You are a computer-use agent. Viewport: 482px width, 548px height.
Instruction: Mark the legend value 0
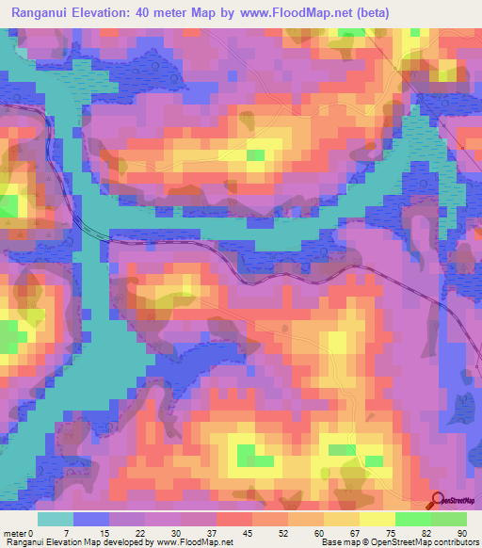tap(30, 533)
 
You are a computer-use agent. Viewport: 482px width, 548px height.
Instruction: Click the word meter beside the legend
tap(14, 533)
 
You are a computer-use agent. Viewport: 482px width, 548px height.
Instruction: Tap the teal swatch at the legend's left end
tap(56, 519)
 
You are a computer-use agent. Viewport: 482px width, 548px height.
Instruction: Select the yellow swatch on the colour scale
tap(378, 519)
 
